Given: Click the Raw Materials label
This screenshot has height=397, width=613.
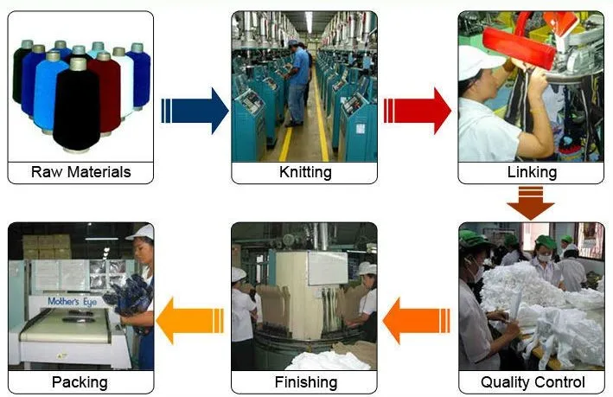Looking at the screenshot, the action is (x=81, y=172).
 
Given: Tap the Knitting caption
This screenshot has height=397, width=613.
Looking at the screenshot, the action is (x=305, y=172).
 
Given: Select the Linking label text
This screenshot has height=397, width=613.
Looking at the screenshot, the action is (x=532, y=172).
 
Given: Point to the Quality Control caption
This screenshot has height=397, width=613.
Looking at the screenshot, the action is (x=533, y=382).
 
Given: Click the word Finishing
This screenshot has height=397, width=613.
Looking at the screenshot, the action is (x=306, y=382).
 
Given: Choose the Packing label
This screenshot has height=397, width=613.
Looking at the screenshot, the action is (x=80, y=382).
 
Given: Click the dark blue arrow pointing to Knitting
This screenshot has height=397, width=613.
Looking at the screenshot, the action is (x=195, y=111).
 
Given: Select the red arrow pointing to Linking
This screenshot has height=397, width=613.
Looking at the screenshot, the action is (x=418, y=111).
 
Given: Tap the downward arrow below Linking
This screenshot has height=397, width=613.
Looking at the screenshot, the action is (x=531, y=203).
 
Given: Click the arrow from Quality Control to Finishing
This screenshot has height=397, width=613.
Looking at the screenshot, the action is (x=416, y=321).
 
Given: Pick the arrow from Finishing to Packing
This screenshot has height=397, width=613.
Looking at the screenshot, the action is (x=190, y=321).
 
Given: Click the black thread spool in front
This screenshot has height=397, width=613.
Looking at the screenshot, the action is (x=77, y=106).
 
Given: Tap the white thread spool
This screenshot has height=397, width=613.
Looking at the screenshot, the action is (x=125, y=83).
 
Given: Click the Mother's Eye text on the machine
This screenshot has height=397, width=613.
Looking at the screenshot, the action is (x=73, y=302).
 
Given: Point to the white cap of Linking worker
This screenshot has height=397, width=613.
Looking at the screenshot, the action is (x=479, y=61).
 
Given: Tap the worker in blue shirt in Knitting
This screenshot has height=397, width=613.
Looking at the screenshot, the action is (x=297, y=83).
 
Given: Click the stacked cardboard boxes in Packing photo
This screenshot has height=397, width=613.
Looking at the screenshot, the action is (x=47, y=247).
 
